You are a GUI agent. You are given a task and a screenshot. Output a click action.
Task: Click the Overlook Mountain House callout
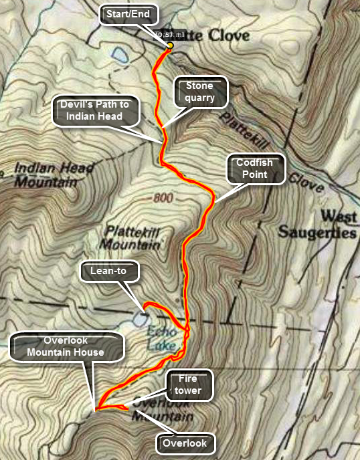[x=61, y=346]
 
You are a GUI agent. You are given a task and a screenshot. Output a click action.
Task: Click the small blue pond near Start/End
[x=120, y=53]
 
